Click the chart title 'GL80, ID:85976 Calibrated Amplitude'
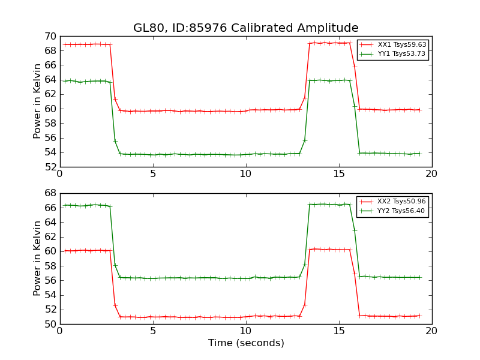[x=245, y=28]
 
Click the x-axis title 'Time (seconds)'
[x=246, y=343]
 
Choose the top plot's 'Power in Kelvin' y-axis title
[x=37, y=101]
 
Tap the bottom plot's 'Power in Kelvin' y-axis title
[x=37, y=259]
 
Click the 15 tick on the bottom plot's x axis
[x=339, y=331]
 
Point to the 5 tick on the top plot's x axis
[x=153, y=174]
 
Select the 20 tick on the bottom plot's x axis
[x=431, y=331]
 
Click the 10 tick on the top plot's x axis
[x=246, y=174]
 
